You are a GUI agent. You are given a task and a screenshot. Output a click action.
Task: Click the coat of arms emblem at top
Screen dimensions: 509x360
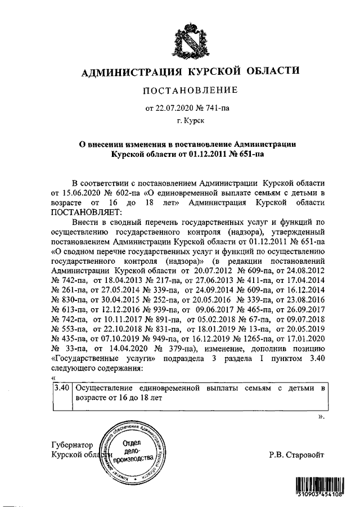point(188,42)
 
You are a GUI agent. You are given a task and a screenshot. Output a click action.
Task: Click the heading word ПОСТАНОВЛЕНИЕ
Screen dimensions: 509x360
point(188,91)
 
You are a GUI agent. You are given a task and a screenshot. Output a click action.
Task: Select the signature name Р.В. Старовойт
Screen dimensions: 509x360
point(296,455)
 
